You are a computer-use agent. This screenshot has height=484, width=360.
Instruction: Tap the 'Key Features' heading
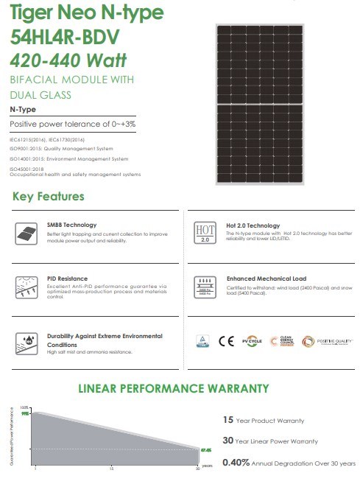[x=49, y=197]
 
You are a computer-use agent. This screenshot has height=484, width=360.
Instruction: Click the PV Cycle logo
[x=254, y=341]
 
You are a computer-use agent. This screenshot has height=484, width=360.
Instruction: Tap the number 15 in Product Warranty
[x=228, y=420]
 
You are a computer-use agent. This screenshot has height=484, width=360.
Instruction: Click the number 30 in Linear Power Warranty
[x=229, y=441]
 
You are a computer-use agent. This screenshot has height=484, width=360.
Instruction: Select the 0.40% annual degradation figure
[x=236, y=463]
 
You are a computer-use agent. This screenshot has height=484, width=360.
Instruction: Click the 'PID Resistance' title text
[x=70, y=280]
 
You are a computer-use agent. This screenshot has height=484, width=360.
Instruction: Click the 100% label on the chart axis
[x=24, y=408]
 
